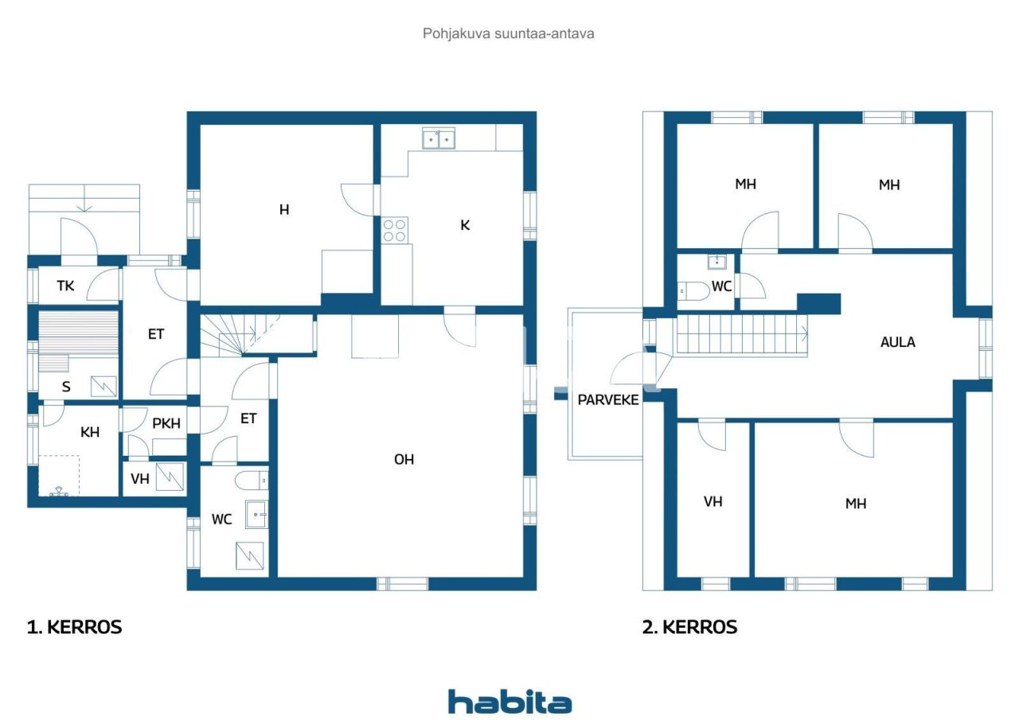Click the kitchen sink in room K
(x=439, y=139)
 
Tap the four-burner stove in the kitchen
(x=395, y=231)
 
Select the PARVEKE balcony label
(x=608, y=399)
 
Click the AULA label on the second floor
(x=897, y=342)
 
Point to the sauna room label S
(x=66, y=387)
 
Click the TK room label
(x=65, y=285)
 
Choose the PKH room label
(x=166, y=423)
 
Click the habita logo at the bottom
(x=509, y=702)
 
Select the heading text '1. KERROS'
(x=75, y=627)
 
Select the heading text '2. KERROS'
(x=689, y=627)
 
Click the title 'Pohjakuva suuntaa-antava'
(x=509, y=33)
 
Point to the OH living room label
(x=404, y=459)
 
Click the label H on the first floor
(x=284, y=210)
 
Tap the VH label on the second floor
(x=713, y=501)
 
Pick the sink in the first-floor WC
(x=256, y=515)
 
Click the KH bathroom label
(x=90, y=432)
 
